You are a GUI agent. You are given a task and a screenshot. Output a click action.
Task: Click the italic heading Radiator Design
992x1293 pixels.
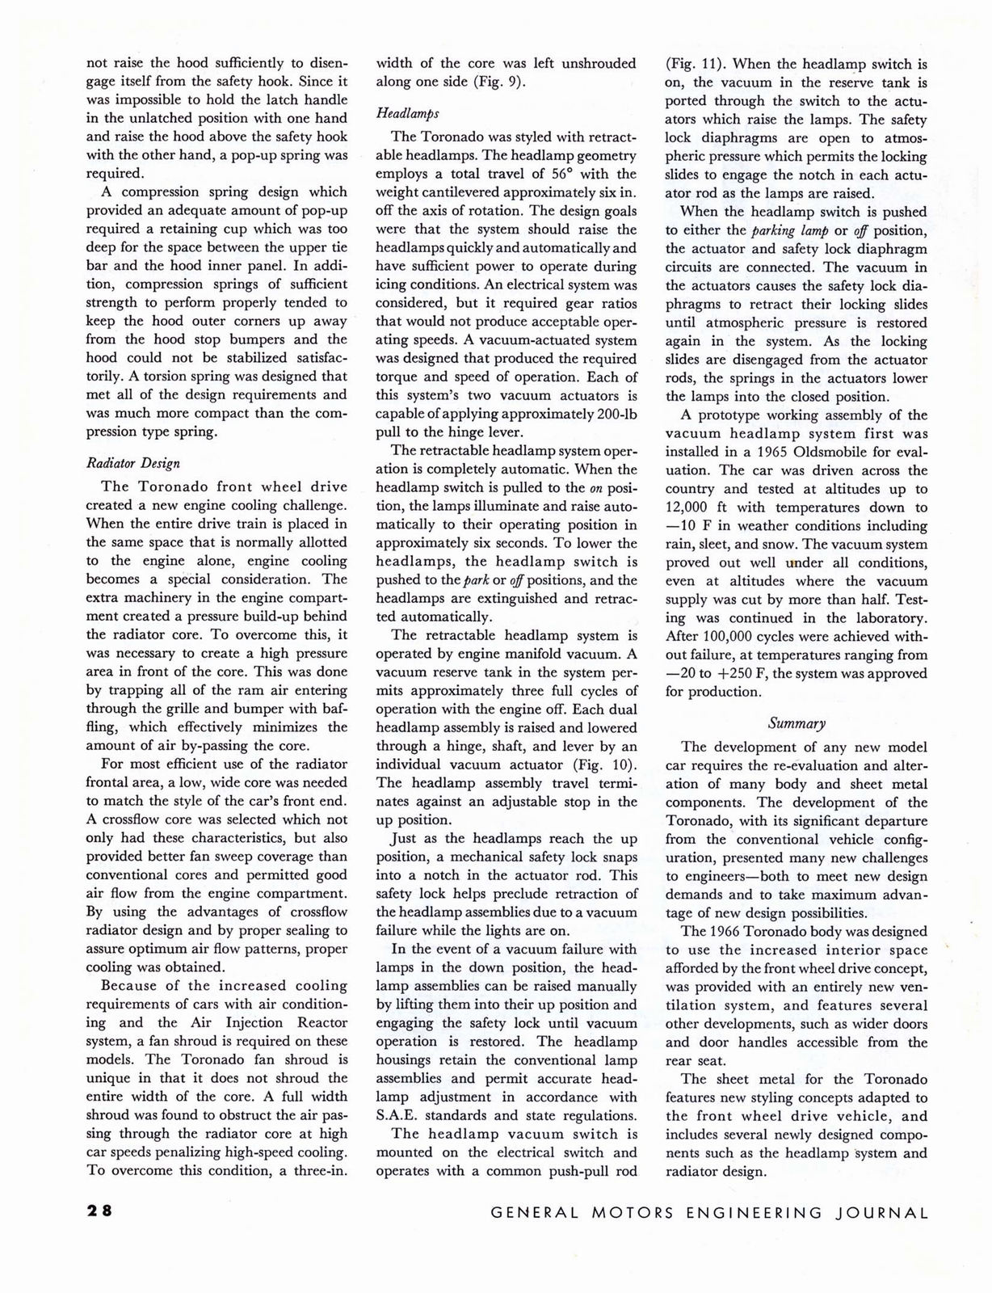coord(132,463)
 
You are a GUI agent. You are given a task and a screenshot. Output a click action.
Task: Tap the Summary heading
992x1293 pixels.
coord(797,723)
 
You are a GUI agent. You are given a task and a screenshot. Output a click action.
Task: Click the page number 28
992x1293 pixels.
coord(100,1211)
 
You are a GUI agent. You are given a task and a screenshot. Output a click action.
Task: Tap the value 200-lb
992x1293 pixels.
coord(604,414)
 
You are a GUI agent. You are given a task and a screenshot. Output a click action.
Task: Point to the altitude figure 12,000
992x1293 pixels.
coord(691,508)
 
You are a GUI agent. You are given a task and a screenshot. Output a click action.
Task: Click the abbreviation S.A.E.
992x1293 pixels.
coord(397,1116)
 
